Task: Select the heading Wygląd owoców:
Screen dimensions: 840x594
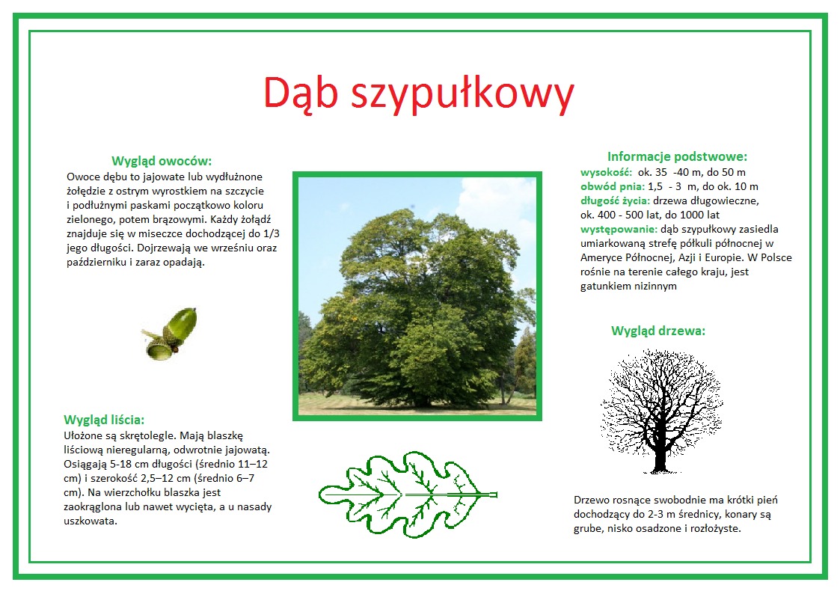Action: pos(162,162)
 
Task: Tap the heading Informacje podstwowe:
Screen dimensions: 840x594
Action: pos(677,156)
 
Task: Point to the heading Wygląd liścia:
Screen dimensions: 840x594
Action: pos(104,420)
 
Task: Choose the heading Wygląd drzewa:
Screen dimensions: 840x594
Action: pos(658,331)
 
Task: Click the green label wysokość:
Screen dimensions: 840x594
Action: pos(607,173)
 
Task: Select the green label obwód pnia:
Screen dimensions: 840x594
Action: pos(613,187)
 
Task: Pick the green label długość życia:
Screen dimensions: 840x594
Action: pos(616,200)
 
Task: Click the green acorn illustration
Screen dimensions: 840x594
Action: pos(169,334)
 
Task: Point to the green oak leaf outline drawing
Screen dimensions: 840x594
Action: pos(408,493)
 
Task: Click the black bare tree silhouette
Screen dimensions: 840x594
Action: pos(662,411)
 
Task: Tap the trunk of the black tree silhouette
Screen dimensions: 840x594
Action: pos(660,456)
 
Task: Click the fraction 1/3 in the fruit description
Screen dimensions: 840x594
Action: pos(271,233)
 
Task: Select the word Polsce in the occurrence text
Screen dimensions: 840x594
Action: pos(776,257)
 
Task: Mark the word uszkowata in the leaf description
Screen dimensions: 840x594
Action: pos(89,521)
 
